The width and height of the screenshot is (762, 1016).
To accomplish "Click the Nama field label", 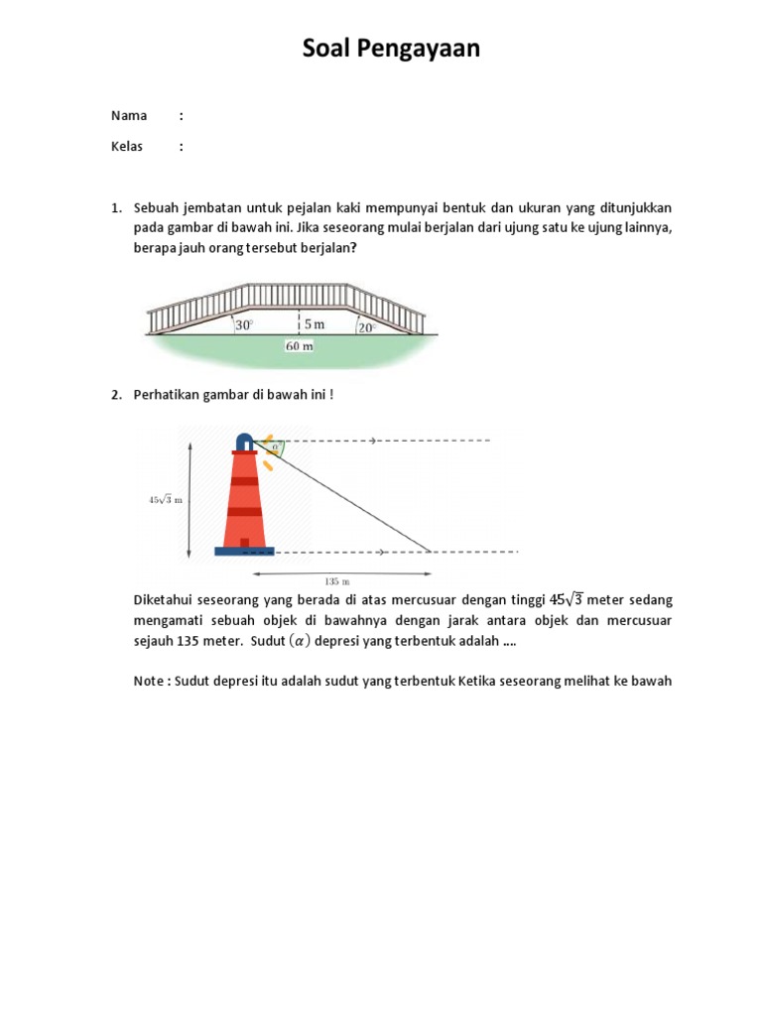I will pos(129,116).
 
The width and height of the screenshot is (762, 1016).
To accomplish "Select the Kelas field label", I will pos(127,147).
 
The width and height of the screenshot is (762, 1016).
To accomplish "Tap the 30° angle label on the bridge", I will pos(244,324).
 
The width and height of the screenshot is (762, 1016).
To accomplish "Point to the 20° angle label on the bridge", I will pos(367,326).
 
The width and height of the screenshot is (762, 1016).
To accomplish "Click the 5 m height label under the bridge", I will pos(314,324).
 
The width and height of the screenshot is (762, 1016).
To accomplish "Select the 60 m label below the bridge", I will pos(299,346).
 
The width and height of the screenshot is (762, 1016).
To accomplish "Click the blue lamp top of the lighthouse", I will pos(244,442).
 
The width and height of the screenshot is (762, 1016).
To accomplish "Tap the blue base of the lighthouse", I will pos(244,551).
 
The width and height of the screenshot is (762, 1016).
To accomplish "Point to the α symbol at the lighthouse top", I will pos(274,446).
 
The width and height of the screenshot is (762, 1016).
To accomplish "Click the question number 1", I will pos(115,208).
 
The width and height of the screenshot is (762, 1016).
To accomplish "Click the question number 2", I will pos(115,395).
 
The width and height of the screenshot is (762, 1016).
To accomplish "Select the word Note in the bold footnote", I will pos(149,682).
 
